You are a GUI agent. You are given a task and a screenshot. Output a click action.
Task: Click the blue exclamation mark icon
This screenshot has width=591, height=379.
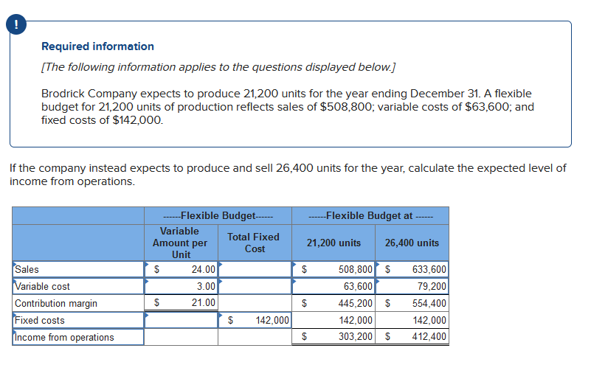[x=16, y=25]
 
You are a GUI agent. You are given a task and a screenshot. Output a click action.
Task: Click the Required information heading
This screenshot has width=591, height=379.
[x=97, y=46]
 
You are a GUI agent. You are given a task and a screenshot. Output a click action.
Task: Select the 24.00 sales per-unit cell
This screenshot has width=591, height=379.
[x=203, y=269]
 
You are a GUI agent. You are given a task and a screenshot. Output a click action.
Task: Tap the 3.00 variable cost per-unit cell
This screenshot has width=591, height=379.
[x=206, y=286]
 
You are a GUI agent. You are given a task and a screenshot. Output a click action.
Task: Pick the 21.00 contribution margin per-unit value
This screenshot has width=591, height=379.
[x=203, y=302]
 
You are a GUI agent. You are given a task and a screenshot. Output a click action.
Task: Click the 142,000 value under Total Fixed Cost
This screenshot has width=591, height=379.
[x=272, y=320]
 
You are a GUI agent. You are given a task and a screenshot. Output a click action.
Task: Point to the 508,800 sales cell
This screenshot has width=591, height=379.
[x=355, y=269]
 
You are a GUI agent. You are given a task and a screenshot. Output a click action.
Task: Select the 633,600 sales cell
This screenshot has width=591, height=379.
[x=429, y=269]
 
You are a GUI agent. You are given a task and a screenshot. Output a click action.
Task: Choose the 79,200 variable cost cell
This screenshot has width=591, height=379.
[x=432, y=286]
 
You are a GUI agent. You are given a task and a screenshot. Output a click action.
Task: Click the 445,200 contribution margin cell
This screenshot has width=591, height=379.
[x=355, y=303]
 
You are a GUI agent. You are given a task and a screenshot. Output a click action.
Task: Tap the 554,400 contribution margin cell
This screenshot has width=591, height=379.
[x=429, y=303]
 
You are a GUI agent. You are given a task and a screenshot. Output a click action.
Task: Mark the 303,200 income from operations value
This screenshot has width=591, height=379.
[x=355, y=336]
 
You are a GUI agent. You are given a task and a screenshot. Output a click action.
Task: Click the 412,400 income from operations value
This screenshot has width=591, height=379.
[x=429, y=336]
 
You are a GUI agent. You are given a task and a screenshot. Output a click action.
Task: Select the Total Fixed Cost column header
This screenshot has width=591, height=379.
[x=254, y=243]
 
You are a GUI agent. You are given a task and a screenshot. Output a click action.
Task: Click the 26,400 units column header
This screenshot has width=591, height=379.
[x=412, y=243]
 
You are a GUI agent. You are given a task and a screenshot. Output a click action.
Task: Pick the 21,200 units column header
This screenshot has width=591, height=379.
[x=333, y=243]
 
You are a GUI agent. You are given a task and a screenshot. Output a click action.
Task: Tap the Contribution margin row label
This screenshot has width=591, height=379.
[x=56, y=303]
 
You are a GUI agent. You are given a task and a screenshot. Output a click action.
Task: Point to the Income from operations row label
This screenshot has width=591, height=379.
[x=64, y=337]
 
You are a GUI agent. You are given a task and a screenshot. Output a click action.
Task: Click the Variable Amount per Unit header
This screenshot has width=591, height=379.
[x=180, y=243]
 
